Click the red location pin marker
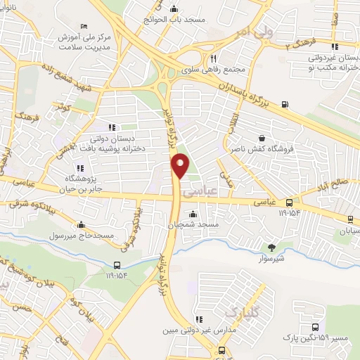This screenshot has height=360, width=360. tap(181, 165)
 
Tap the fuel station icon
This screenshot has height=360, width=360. tap(285, 105)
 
